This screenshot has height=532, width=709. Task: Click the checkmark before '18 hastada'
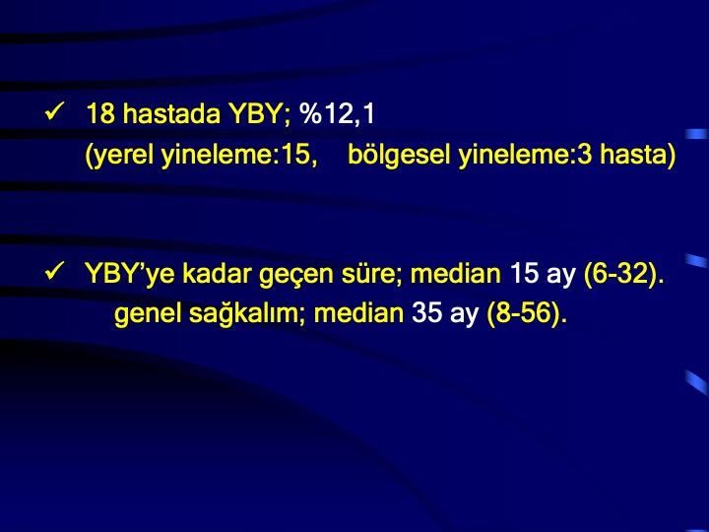click(55, 111)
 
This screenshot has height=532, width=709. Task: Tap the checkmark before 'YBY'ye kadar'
click(55, 271)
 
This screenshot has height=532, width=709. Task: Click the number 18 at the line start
click(100, 113)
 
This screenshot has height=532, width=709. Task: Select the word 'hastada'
click(171, 113)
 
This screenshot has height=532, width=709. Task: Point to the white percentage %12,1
click(338, 113)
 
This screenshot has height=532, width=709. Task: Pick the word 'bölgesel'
click(399, 155)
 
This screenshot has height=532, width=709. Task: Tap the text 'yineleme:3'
click(525, 155)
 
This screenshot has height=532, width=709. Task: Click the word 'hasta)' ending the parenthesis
click(637, 155)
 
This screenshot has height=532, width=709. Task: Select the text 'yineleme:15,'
click(239, 155)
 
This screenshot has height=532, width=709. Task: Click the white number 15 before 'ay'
click(524, 273)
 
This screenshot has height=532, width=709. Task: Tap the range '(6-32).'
click(624, 274)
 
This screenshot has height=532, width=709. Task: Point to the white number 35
click(426, 313)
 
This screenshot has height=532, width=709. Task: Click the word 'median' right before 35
click(358, 313)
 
